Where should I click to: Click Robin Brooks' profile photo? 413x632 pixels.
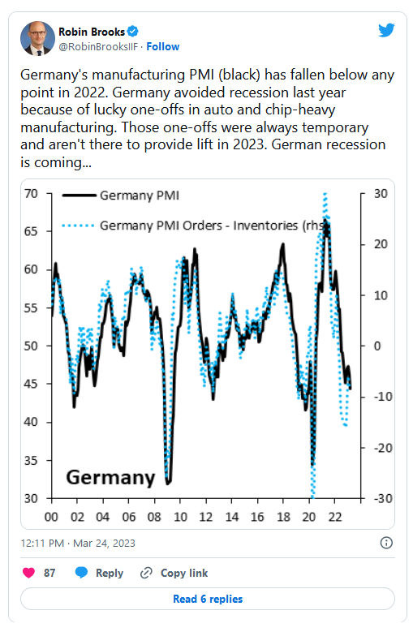tap(37, 39)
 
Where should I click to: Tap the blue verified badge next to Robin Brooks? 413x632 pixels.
tap(132, 31)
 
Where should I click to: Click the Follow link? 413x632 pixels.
tap(163, 47)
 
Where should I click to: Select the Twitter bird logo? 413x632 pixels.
tap(386, 30)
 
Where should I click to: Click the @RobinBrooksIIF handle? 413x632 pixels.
tap(99, 47)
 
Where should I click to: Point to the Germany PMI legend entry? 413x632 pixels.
tap(120, 196)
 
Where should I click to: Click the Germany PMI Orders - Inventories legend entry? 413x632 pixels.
tap(193, 226)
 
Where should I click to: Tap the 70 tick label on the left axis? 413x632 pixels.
tap(31, 194)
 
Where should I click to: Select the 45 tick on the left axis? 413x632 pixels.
tap(31, 384)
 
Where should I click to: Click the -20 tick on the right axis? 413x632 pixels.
tap(383, 448)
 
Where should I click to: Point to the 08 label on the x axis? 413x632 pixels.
tap(154, 517)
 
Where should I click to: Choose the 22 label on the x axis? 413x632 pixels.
tap(335, 517)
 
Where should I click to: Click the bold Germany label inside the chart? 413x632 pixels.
tap(110, 478)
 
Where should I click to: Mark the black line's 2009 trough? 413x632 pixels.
tap(168, 483)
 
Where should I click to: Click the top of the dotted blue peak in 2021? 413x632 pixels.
tap(325, 195)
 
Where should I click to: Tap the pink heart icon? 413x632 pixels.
tap(28, 573)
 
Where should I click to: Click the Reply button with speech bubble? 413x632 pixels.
tap(99, 573)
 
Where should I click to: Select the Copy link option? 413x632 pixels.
tap(174, 573)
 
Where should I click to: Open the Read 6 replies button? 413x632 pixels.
tap(208, 599)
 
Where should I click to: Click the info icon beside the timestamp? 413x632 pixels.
tap(386, 543)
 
